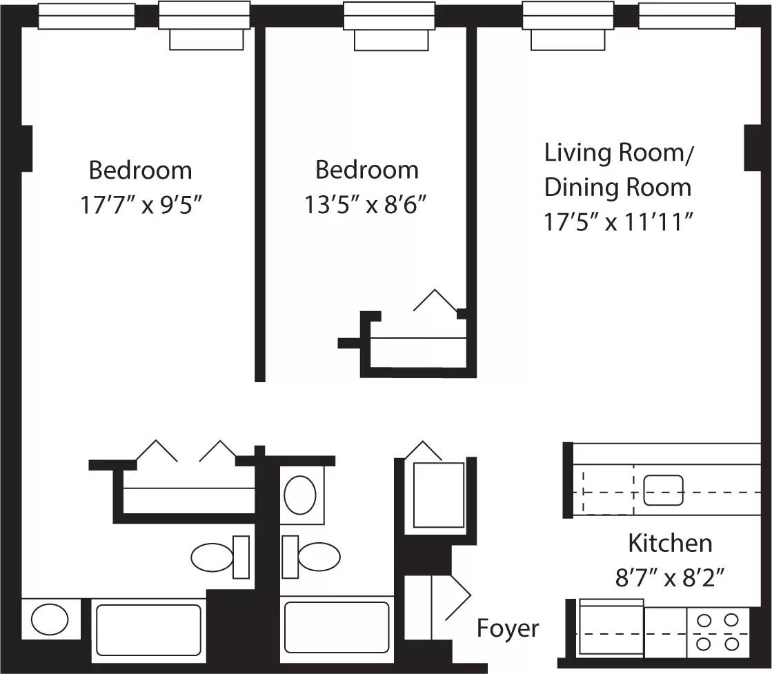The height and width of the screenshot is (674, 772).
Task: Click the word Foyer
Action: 508,628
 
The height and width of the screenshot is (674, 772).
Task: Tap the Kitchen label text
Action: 669,543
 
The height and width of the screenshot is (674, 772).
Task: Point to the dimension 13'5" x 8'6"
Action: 366,205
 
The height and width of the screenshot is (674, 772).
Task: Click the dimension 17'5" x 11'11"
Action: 618,222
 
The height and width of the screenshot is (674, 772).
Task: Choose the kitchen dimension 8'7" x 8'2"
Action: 669,577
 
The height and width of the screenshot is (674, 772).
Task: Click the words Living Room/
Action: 618,152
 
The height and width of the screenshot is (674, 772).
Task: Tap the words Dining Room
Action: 617,187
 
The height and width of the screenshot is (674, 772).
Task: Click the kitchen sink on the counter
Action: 663,490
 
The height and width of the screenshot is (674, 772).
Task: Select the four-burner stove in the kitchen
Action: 717,631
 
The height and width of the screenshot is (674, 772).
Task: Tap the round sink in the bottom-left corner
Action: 50,620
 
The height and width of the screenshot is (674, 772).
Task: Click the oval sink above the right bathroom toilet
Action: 300,494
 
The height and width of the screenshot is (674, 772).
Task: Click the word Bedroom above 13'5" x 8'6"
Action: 366,170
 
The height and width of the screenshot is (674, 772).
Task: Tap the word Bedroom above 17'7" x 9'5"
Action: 141,170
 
